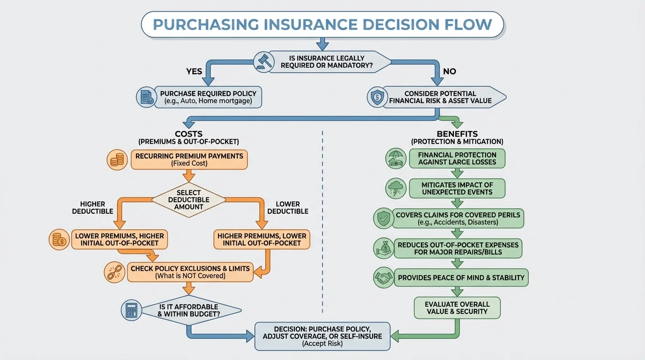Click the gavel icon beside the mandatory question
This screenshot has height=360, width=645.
pyautogui.click(x=263, y=61)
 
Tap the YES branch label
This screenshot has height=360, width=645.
pyautogui.click(x=194, y=72)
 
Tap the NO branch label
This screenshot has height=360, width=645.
pyautogui.click(x=450, y=72)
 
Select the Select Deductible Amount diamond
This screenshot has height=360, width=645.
pyautogui.click(x=189, y=200)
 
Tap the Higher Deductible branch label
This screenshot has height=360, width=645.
pyautogui.click(x=92, y=208)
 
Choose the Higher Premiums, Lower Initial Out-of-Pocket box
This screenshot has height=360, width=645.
pyautogui.click(x=262, y=239)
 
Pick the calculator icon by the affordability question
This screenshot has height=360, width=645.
pyautogui.click(x=131, y=310)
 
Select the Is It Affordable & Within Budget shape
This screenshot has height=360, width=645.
pyautogui.click(x=190, y=310)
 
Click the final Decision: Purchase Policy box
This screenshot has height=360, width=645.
pyautogui.click(x=322, y=336)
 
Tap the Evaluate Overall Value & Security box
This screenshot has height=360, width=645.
pyautogui.click(x=457, y=308)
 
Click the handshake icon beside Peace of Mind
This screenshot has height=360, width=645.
pyautogui.click(x=383, y=277)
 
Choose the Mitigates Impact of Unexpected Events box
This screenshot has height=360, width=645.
pyautogui.click(x=457, y=188)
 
